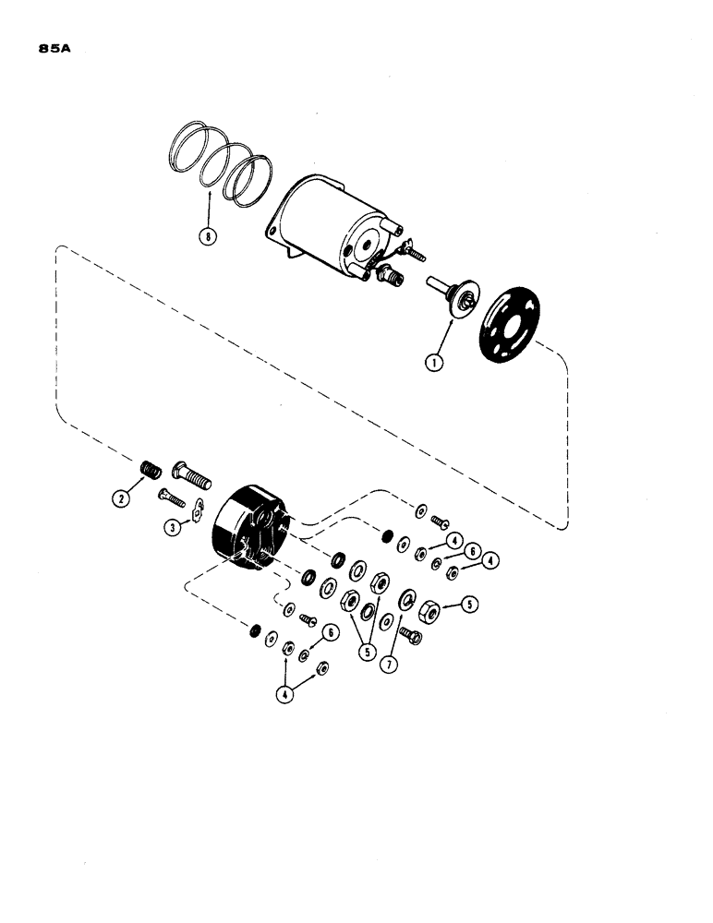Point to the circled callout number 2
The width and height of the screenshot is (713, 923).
tap(119, 497)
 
